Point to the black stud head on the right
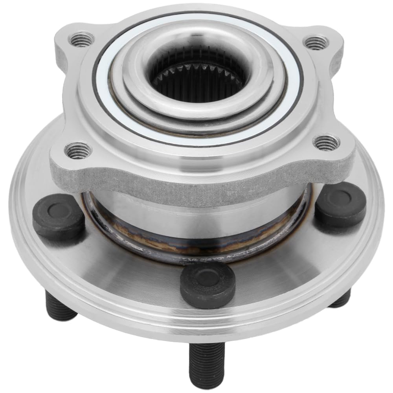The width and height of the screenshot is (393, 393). pos(340,204)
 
